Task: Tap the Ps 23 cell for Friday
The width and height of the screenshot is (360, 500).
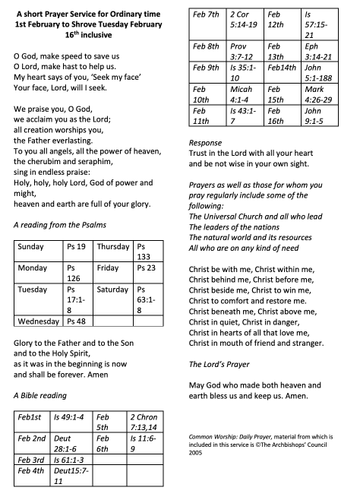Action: (x=146, y=268)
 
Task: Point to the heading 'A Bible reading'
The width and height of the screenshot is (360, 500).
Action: (x=39, y=395)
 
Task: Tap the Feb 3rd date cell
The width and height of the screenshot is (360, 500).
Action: (x=30, y=460)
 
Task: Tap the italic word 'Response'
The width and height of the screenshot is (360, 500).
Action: (x=205, y=142)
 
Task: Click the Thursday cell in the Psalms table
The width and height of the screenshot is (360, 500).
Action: (x=113, y=247)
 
